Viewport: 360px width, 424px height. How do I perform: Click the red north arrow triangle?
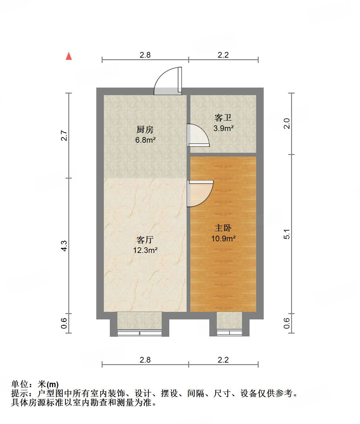click(69, 56)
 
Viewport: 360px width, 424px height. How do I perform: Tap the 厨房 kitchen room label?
click(145, 129)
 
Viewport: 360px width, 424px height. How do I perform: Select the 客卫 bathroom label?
click(223, 118)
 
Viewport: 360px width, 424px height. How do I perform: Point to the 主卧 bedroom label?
click(223, 228)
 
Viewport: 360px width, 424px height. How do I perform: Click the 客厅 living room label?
click(145, 240)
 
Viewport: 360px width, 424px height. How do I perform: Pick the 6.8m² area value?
click(145, 140)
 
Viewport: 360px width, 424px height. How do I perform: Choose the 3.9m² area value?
click(223, 128)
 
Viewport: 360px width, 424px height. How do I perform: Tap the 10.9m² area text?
click(223, 238)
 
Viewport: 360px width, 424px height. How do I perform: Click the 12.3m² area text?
click(145, 250)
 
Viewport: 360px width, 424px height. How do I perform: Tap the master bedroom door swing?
click(200, 193)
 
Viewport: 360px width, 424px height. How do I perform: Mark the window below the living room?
click(139, 333)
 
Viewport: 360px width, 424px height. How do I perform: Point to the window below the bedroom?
click(229, 333)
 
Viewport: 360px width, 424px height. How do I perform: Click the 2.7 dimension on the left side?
click(64, 136)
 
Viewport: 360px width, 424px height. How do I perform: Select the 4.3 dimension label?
click(64, 246)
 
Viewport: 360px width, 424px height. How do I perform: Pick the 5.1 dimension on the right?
click(287, 234)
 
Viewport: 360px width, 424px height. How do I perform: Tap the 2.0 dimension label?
click(287, 123)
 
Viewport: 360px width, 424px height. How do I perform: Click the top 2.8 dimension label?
click(145, 55)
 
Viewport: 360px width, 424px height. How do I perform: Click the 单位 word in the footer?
click(20, 384)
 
